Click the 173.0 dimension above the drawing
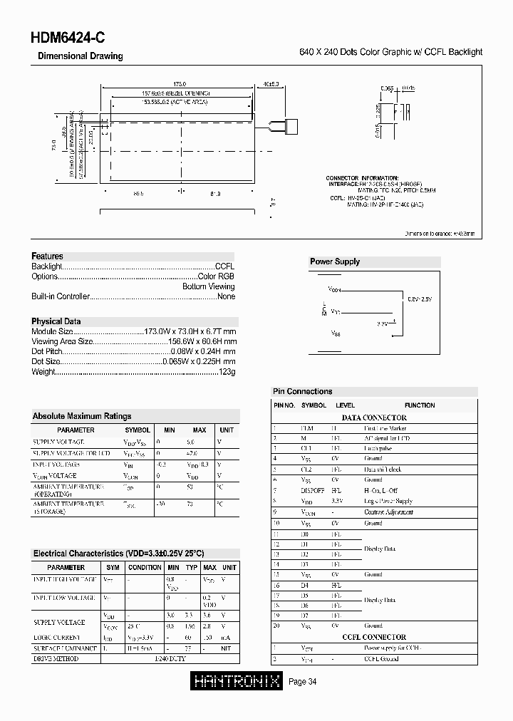[x=179, y=84]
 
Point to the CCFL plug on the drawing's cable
[x=290, y=128]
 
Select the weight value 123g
[x=227, y=372]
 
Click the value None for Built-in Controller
[x=226, y=296]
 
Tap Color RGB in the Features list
[x=216, y=276]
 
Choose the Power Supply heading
[x=335, y=261]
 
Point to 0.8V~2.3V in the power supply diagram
[x=420, y=299]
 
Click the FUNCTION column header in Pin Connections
[x=419, y=405]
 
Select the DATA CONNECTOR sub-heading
[x=374, y=417]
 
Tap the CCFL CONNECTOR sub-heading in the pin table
[x=374, y=637]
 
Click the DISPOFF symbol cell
[x=313, y=491]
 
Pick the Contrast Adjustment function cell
[x=389, y=512]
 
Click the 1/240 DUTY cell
[x=168, y=659]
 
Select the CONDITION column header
[x=145, y=568]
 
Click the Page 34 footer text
[x=302, y=683]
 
